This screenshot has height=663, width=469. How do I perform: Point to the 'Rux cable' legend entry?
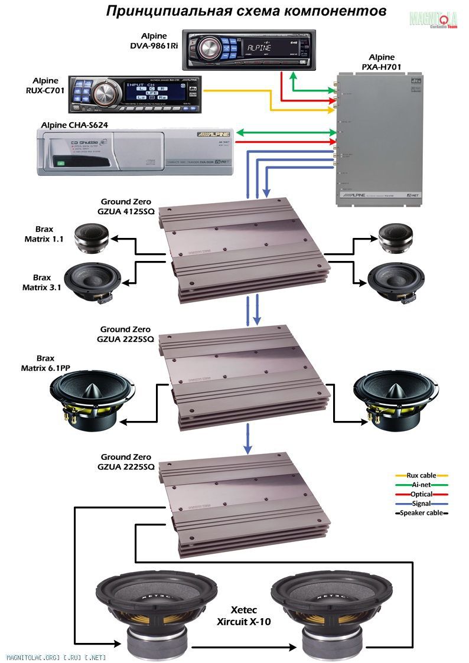421,475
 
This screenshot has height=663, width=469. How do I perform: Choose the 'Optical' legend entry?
421,494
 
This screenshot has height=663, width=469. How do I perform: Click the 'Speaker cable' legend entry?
421,513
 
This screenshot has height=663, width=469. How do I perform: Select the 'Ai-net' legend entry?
421,485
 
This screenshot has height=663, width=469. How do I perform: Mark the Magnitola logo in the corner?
434,19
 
